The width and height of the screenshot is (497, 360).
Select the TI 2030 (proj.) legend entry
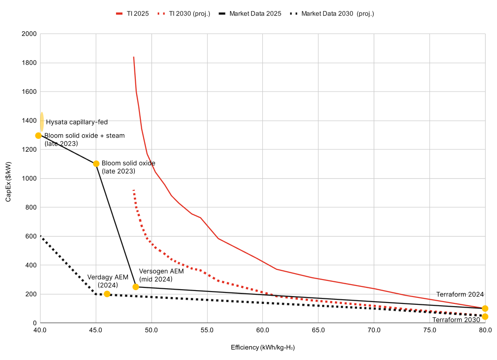point(184,14)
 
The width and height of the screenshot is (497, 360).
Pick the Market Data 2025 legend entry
point(250,14)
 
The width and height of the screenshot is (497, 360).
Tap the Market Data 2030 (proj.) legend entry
point(332,14)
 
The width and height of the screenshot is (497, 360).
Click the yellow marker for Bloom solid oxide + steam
point(38,136)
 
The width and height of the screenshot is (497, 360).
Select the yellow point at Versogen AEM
point(136,287)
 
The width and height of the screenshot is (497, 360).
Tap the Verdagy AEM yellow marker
point(107,294)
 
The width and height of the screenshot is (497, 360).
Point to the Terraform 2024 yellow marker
point(485,309)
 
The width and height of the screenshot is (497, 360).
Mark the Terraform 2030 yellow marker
point(485,317)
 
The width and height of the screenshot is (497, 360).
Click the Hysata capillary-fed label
point(77,122)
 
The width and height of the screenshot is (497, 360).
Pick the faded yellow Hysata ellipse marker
point(42,122)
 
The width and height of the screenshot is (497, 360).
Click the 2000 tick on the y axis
point(29,34)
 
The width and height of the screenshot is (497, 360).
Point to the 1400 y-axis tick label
point(29,121)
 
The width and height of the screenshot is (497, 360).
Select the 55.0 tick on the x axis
point(207,330)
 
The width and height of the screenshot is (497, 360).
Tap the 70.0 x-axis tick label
point(374,330)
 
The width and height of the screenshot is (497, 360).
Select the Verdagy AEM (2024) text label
point(108,281)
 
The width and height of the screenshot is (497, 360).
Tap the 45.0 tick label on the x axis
point(96,330)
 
